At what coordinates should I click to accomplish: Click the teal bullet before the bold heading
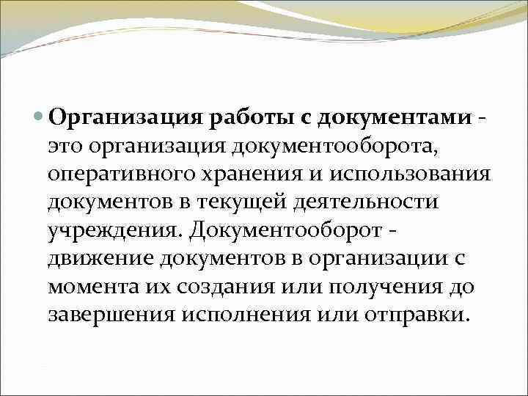coord(39,118)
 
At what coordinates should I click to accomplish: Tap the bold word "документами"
coord(382,118)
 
